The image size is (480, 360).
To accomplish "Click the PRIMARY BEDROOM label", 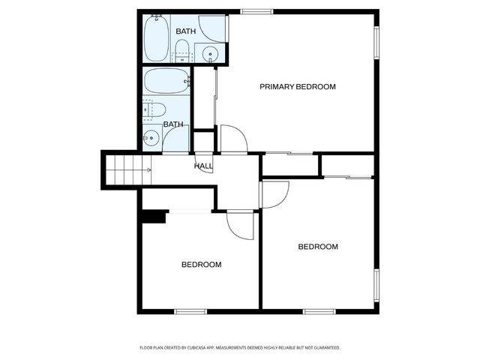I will [298, 87].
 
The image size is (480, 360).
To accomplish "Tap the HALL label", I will [203, 166].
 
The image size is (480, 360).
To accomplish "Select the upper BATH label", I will [185, 31].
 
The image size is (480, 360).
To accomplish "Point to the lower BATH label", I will [173, 124].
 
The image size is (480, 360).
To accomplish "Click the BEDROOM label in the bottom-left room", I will [202, 265].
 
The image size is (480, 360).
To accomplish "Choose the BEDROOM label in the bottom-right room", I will [318, 247].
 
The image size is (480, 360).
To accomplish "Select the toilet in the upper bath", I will [181, 51].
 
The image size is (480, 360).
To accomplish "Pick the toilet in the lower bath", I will [154, 109].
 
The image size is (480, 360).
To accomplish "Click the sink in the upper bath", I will [211, 52].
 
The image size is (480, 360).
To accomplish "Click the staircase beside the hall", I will [127, 169].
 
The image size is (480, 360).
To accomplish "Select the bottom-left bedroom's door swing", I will [241, 224].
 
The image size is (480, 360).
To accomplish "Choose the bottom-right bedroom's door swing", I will [274, 194].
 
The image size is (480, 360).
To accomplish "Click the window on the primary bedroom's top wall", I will [257, 11].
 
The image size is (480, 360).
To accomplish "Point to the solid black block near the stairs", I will [154, 217].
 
